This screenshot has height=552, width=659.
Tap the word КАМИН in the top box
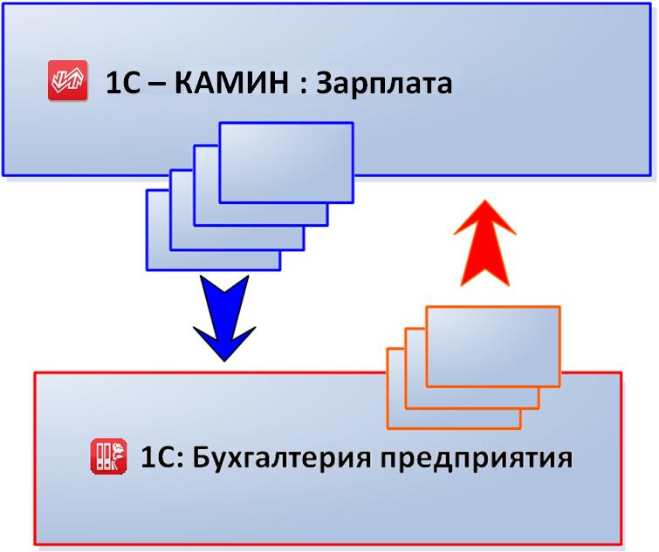click(x=231, y=82)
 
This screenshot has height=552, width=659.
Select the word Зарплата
click(x=384, y=84)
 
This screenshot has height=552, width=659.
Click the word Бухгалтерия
click(x=282, y=458)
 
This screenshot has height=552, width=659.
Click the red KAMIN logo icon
click(x=68, y=80)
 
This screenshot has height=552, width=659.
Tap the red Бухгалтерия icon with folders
click(x=109, y=456)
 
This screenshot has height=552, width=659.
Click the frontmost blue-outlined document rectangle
click(x=286, y=162)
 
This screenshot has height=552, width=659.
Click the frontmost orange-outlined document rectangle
click(x=493, y=346)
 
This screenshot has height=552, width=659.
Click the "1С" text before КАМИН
click(x=122, y=83)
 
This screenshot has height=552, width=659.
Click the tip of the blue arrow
click(x=224, y=361)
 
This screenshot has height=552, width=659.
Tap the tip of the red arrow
click(x=485, y=200)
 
